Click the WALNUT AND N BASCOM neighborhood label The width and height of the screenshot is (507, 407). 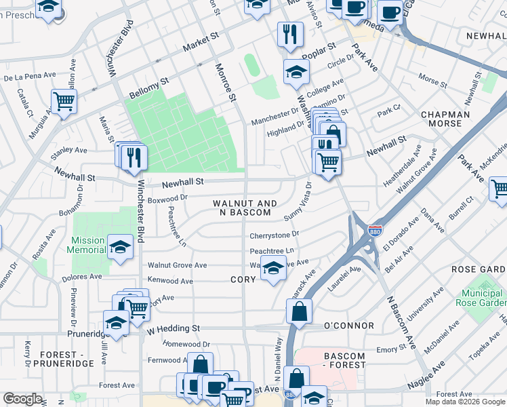[x=245, y=208]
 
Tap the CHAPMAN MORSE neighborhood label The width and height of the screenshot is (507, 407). [x=445, y=119]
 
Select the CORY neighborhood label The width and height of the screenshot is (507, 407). [x=243, y=279]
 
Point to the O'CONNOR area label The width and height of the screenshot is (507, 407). [x=348, y=326]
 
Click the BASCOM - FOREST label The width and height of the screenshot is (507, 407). [x=344, y=360]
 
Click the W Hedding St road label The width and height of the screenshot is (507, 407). [x=174, y=328]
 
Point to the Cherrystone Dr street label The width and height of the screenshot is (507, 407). [x=274, y=235]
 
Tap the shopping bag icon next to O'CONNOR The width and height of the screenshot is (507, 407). [x=299, y=311]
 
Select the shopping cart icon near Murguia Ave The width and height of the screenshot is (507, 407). [x=64, y=101]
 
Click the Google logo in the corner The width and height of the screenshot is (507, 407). [x=22, y=399]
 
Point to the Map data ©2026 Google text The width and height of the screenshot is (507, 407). [x=466, y=402]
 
